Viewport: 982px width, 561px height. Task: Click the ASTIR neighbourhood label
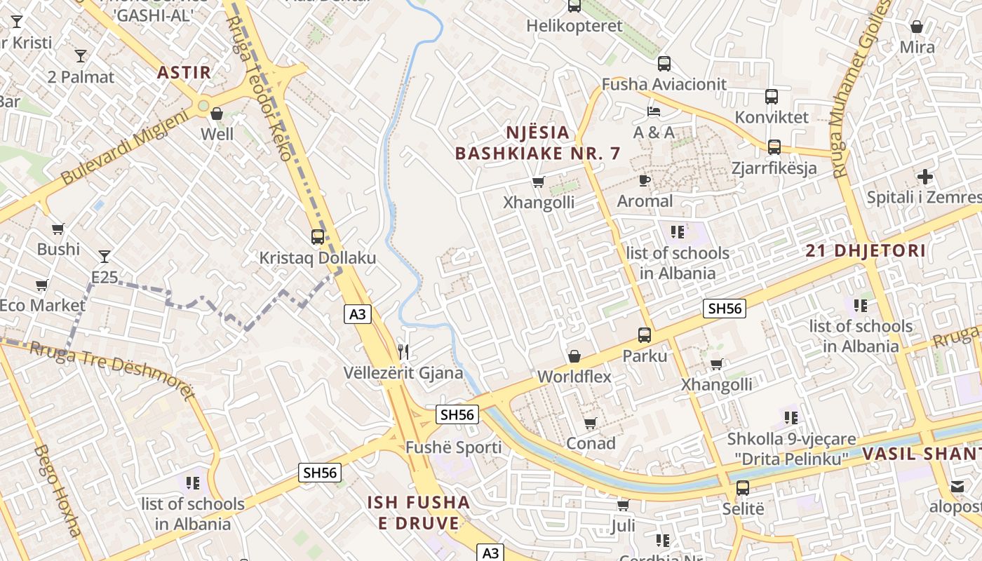(184, 72)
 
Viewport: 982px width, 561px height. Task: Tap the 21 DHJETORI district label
(866, 250)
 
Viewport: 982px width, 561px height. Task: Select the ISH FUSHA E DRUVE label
(419, 513)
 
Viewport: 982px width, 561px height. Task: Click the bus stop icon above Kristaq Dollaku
(318, 237)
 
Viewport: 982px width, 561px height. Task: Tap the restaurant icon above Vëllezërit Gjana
(403, 351)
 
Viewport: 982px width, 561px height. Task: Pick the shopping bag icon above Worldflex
(574, 356)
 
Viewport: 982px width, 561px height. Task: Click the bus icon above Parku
(645, 335)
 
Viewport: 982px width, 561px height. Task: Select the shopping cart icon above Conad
(591, 423)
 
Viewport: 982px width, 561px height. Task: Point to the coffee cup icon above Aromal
(645, 181)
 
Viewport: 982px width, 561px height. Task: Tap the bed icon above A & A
(654, 111)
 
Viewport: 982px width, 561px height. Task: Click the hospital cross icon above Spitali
(925, 177)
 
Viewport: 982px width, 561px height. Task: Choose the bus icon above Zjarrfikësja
(774, 147)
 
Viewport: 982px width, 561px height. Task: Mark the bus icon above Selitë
(743, 488)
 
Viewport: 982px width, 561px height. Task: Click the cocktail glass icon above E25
(105, 257)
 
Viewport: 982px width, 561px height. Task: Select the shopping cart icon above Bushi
(58, 229)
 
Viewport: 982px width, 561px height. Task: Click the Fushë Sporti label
(453, 447)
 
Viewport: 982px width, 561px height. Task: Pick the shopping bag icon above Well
(217, 114)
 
